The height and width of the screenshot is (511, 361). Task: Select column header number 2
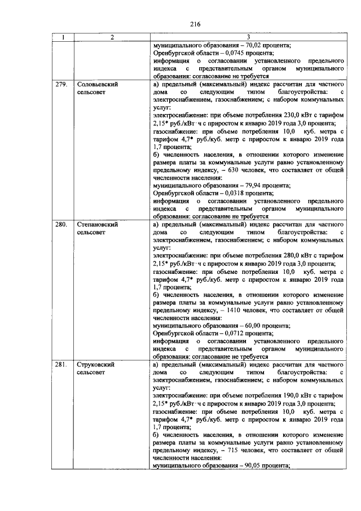coord(112,37)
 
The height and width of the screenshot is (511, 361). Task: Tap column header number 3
coord(248,37)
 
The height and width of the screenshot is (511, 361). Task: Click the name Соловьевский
coord(96,84)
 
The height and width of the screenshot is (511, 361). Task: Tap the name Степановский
coord(97,224)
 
